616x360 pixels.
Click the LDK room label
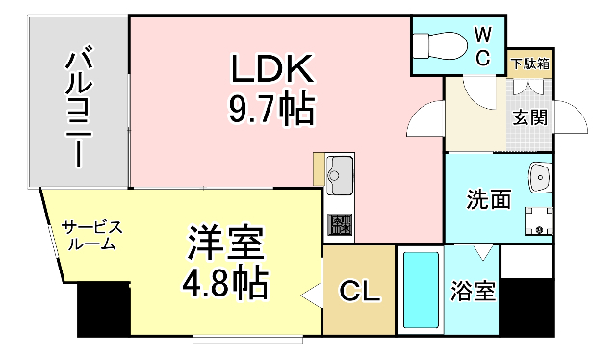tap(271, 68)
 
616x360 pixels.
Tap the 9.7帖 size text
tap(271, 110)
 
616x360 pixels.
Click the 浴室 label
tap(474, 292)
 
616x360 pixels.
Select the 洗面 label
tap(488, 200)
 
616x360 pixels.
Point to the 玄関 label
tap(529, 118)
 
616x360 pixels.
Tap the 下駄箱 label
tap(529, 64)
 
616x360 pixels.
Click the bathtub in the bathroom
tap(421, 293)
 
